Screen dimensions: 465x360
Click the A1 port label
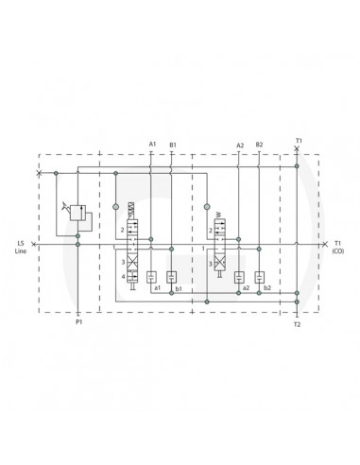coord(151,144)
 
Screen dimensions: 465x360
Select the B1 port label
coord(172,144)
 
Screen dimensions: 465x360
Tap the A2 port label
coord(239,144)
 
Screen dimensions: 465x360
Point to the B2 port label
coord(259,144)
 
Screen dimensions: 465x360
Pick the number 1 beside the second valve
coord(203,248)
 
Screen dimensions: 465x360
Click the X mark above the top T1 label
coord(297,149)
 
